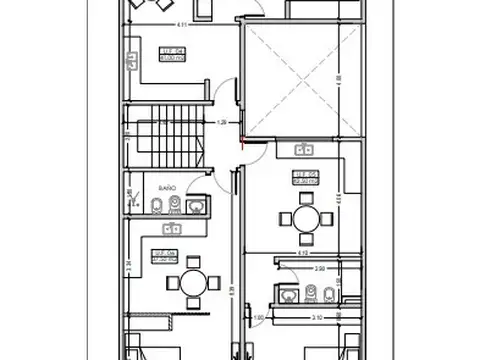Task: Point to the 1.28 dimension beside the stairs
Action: coord(222,123)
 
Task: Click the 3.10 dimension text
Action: coord(316,319)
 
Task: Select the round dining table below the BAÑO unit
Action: coord(189,283)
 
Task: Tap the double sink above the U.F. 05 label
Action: coord(304,150)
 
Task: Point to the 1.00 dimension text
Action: coord(258,319)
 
